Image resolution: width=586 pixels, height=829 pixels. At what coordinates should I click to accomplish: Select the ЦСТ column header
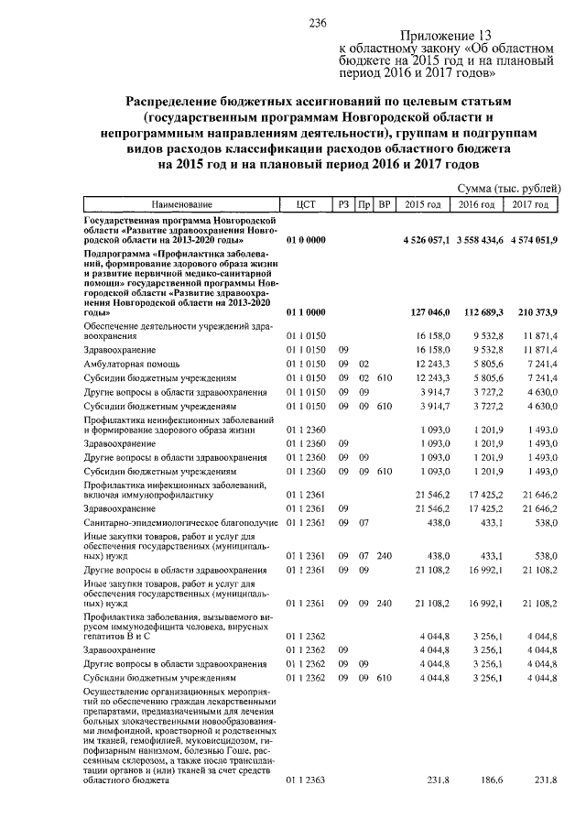tap(306, 205)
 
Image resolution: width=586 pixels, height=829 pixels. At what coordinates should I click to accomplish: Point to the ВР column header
tap(385, 205)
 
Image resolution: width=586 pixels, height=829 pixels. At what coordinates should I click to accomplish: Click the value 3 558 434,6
tap(480, 239)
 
